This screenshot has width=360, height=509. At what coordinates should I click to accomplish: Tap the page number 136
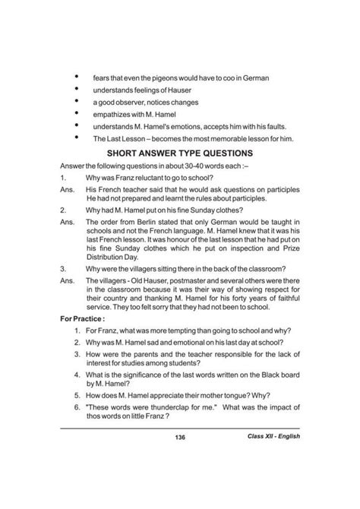coord(180,459)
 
